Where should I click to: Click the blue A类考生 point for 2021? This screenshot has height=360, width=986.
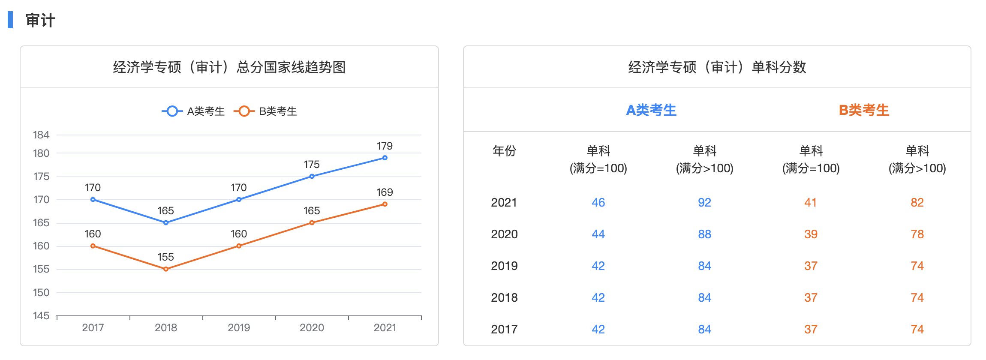(x=385, y=158)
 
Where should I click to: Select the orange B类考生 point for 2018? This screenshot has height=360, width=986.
(x=166, y=269)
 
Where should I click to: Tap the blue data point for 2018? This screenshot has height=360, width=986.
(x=166, y=223)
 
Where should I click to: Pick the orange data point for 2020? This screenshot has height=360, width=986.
(x=312, y=223)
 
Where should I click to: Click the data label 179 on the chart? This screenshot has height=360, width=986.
(x=385, y=146)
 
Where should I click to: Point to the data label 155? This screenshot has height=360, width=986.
(x=165, y=257)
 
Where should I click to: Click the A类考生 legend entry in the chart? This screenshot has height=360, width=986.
(x=194, y=111)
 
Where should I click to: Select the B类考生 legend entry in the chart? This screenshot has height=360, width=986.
(x=266, y=111)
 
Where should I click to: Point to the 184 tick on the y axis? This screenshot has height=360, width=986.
(x=41, y=135)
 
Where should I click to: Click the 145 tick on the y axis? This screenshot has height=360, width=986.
(x=41, y=316)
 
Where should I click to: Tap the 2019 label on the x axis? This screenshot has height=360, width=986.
(x=239, y=328)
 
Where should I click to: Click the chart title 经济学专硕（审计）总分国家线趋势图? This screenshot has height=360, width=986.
(x=229, y=67)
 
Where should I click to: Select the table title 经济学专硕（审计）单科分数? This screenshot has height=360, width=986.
(x=717, y=67)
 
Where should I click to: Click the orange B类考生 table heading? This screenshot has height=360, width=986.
(x=864, y=110)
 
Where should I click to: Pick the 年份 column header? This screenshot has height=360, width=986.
(x=504, y=151)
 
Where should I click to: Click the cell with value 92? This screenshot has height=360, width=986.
(x=704, y=202)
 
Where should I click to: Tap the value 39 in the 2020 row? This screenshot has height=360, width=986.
(x=811, y=234)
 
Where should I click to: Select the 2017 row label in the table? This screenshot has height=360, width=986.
(x=504, y=329)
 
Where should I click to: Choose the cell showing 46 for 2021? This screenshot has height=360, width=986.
(x=598, y=202)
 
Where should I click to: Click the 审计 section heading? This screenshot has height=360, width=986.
(x=40, y=20)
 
